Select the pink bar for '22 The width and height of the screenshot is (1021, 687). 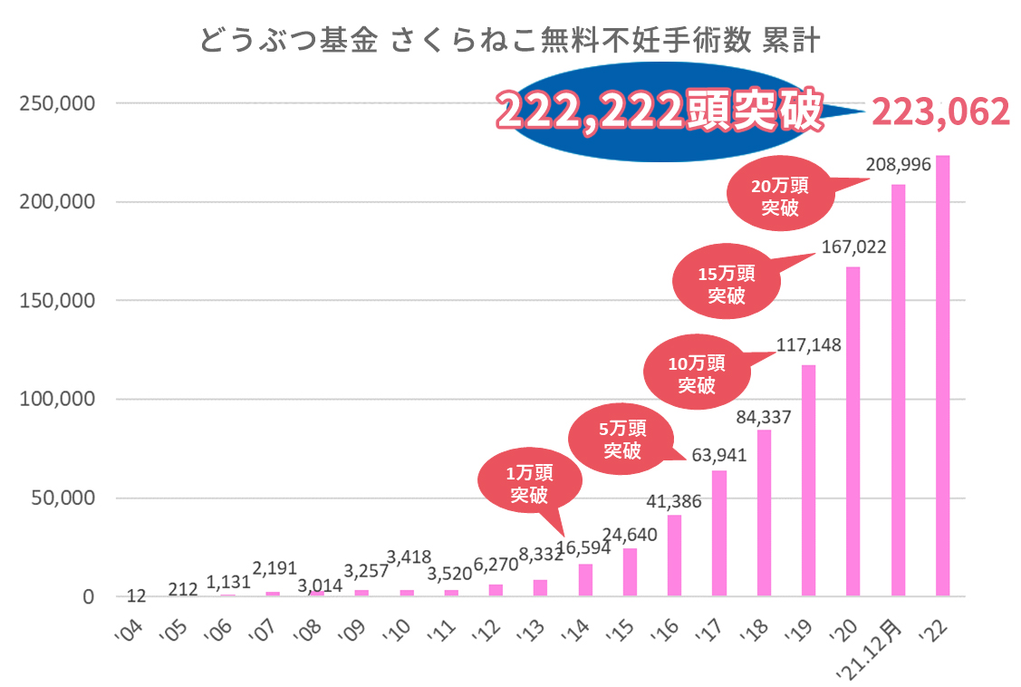(942, 376)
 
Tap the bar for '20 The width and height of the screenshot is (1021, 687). (852, 431)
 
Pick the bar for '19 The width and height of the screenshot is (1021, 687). (808, 480)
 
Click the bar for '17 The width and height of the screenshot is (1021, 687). (719, 533)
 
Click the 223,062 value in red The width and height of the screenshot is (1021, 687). (939, 112)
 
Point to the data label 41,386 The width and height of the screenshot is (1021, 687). (674, 500)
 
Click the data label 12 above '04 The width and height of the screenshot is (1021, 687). (137, 595)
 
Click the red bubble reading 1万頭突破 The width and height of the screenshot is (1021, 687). (528, 483)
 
